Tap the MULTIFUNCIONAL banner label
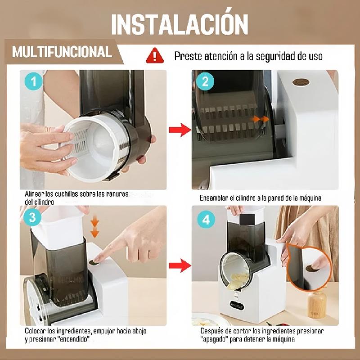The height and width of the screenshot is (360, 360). pyautogui.click(x=62, y=52)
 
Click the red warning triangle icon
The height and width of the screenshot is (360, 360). pyautogui.click(x=155, y=55)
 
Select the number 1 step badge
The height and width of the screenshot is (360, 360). pyautogui.click(x=34, y=81)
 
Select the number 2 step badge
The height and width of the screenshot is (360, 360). pyautogui.click(x=205, y=81)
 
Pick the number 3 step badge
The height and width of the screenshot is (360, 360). pyautogui.click(x=32, y=217)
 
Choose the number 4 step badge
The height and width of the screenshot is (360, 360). pyautogui.click(x=206, y=220)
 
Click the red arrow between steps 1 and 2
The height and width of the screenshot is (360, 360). pyautogui.click(x=180, y=130)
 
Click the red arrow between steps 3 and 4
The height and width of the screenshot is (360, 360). pyautogui.click(x=180, y=265)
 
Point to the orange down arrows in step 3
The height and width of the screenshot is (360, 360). pyautogui.click(x=94, y=228)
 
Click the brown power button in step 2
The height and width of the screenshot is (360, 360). pyautogui.click(x=301, y=82)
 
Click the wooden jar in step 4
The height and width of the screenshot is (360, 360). pyautogui.click(x=317, y=305)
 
